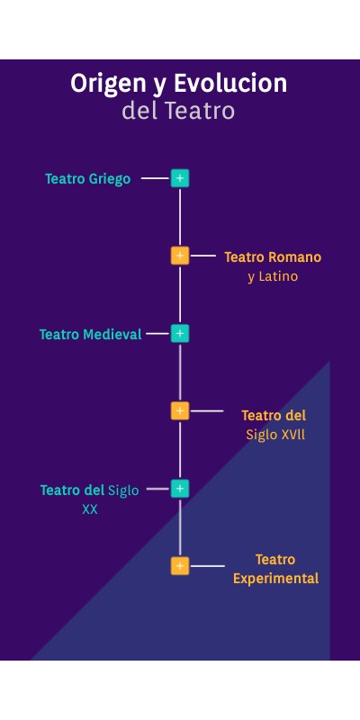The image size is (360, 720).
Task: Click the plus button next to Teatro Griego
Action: (x=180, y=178)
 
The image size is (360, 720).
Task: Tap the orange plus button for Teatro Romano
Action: (x=180, y=256)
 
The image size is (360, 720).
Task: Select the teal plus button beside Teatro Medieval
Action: (x=180, y=333)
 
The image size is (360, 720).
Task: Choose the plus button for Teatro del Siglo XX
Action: (x=180, y=489)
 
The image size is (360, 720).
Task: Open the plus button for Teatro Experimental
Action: (x=180, y=566)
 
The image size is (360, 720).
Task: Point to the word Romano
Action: (x=294, y=257)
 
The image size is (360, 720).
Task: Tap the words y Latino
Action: (x=273, y=276)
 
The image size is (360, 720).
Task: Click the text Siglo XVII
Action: (x=275, y=435)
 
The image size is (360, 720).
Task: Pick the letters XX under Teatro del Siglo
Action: (x=89, y=509)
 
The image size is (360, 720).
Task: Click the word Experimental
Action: (x=276, y=579)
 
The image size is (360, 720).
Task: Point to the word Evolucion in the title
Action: (x=230, y=84)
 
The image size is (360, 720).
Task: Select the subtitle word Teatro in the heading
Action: (x=200, y=111)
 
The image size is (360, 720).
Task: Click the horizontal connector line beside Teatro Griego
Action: (x=155, y=178)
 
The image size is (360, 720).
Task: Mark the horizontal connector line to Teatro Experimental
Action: (x=208, y=566)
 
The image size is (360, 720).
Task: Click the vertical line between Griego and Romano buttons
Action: (x=180, y=217)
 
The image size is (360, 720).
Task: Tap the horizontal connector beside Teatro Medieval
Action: (x=157, y=333)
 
